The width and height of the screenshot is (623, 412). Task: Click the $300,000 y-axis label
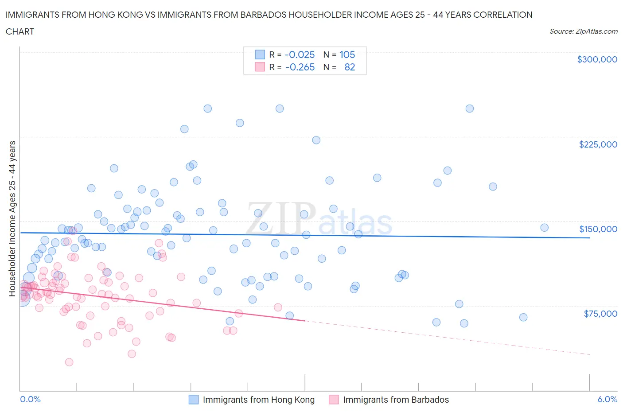597,59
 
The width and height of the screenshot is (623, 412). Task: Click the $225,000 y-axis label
598,144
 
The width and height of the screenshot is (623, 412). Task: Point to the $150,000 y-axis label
598,229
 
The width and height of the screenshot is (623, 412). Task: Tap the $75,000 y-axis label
600,314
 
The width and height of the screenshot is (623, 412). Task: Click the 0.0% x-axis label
30,399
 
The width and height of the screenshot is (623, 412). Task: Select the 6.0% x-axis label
607,399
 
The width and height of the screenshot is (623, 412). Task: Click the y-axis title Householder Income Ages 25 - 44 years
12,218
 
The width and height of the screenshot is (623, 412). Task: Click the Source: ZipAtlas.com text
583,31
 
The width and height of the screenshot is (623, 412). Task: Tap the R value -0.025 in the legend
300,54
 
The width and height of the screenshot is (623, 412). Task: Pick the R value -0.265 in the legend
300,67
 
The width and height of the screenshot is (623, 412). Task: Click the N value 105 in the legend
347,54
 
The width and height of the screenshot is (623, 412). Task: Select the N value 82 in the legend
350,67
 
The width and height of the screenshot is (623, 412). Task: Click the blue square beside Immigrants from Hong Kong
194,400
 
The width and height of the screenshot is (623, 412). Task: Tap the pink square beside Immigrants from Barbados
334,400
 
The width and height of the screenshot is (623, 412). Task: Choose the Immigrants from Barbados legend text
396,400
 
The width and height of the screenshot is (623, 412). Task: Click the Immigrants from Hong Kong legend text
259,400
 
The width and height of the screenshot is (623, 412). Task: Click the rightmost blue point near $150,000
544,228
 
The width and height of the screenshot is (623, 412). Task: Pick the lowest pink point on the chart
69,362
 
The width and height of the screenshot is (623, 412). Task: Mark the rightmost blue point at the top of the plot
470,109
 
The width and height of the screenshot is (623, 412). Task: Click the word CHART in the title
20,31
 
